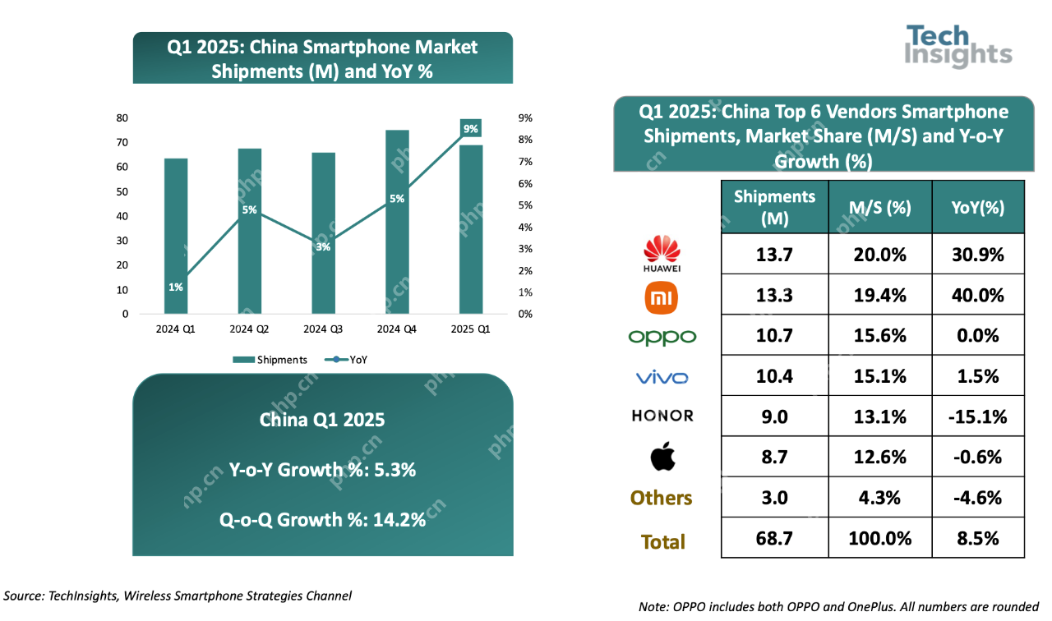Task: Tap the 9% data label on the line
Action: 470,128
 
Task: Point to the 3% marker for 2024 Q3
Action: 323,246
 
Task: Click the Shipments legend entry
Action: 270,359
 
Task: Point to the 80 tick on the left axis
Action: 122,118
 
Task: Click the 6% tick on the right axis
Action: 524,183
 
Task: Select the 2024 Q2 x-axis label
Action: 249,329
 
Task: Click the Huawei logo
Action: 662,254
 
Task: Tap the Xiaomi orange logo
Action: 662,297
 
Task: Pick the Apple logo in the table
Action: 662,457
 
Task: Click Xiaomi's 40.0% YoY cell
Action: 977,295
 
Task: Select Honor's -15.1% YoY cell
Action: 977,416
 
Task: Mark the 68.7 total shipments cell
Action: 773,538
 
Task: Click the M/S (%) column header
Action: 879,207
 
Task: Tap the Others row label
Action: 662,498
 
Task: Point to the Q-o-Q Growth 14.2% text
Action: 322,520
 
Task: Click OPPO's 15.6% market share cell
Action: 879,336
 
